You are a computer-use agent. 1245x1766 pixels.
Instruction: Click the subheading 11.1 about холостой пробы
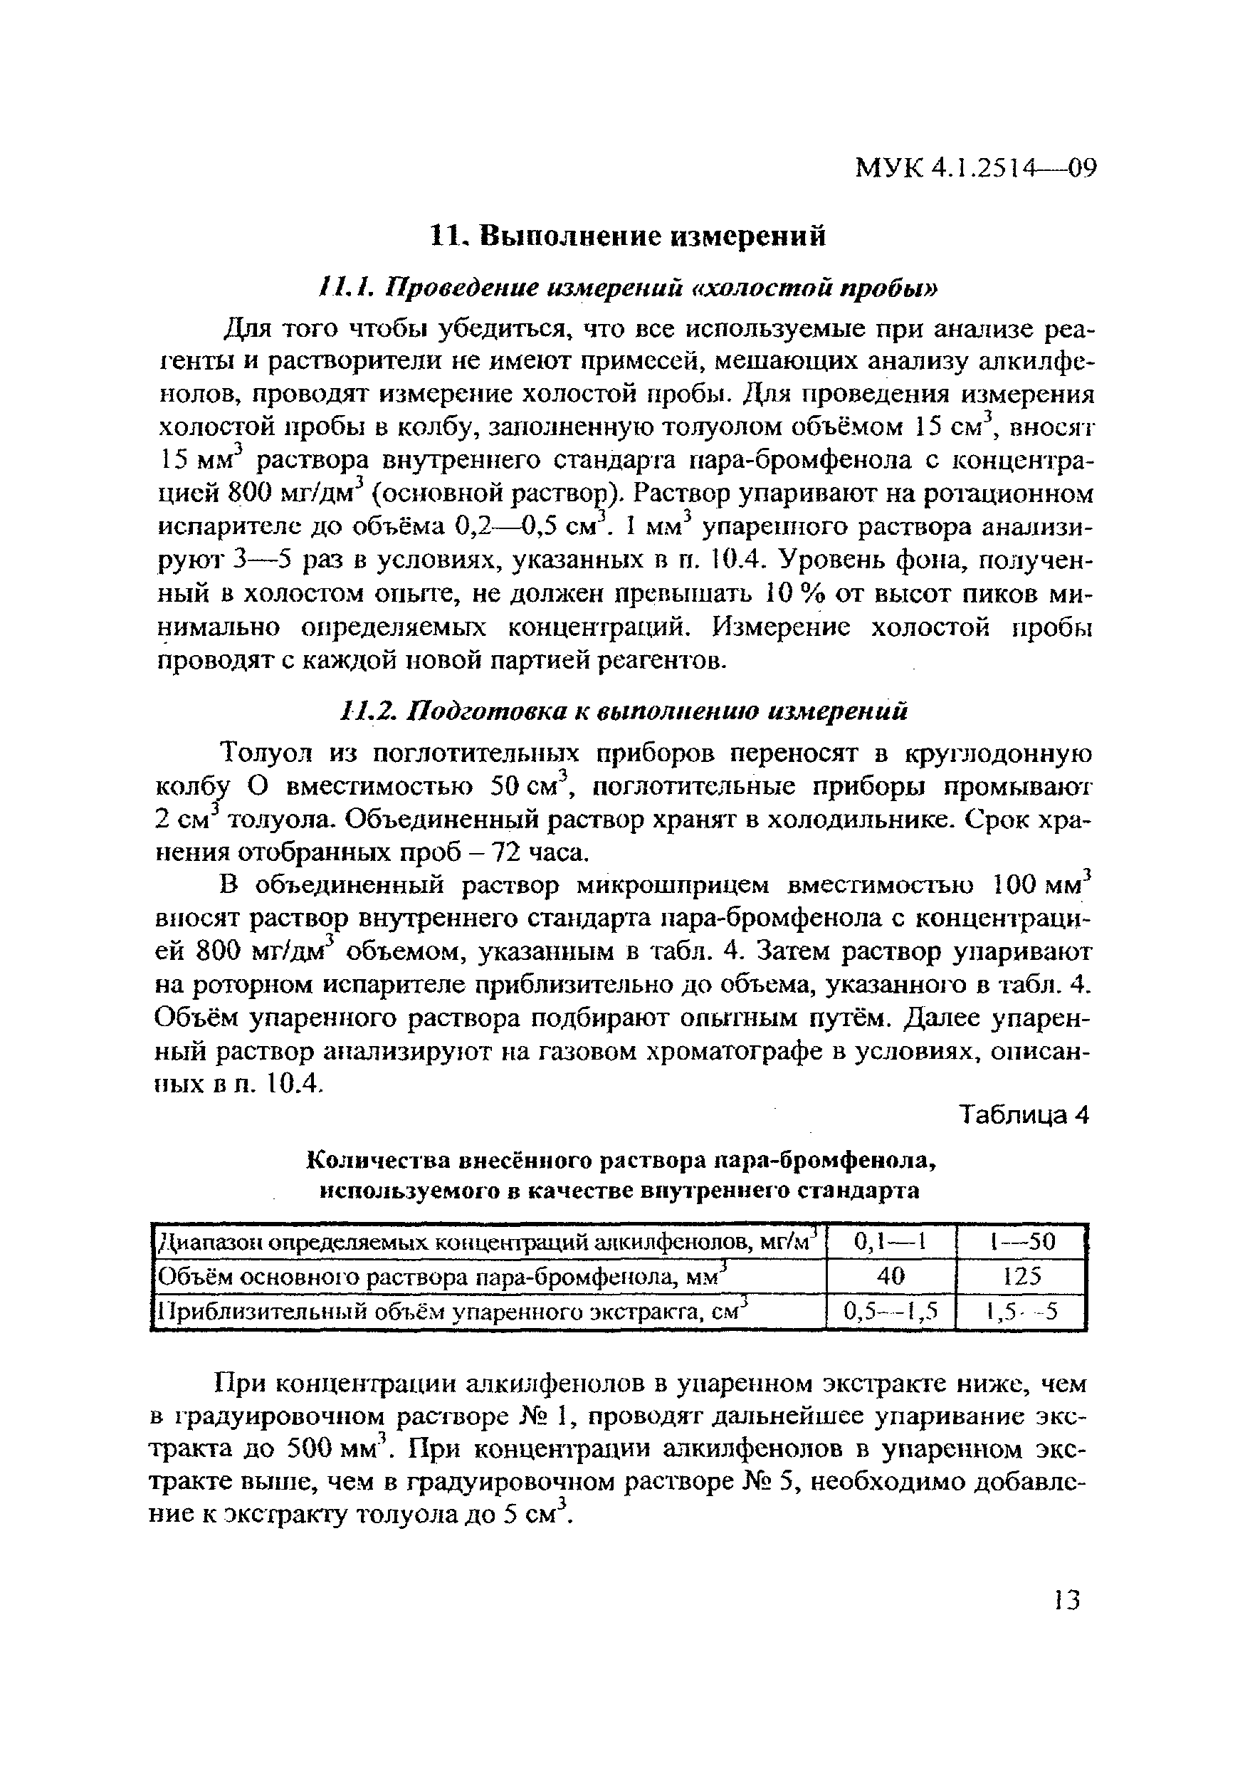pyautogui.click(x=628, y=288)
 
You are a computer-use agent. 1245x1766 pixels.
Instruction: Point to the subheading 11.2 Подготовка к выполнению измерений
pyautogui.click(x=623, y=711)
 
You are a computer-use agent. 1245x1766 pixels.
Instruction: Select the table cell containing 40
pyautogui.click(x=890, y=1276)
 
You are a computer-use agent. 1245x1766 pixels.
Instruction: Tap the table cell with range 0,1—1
pyautogui.click(x=890, y=1242)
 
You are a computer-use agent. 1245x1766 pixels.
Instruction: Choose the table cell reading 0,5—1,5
pyautogui.click(x=890, y=1311)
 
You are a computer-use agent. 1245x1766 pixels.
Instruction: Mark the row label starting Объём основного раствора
pyautogui.click(x=442, y=1277)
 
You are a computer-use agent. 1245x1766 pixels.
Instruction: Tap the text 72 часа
pyautogui.click(x=550, y=853)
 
